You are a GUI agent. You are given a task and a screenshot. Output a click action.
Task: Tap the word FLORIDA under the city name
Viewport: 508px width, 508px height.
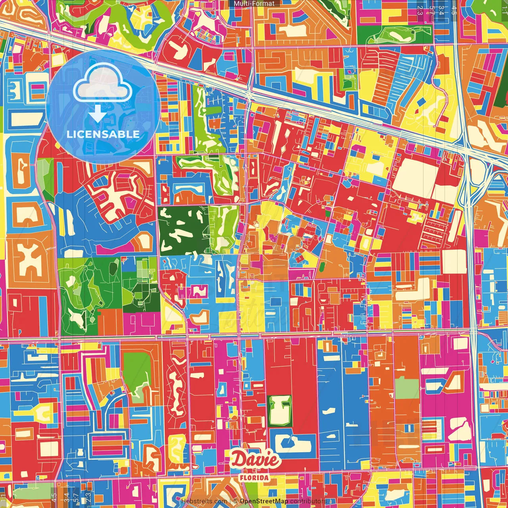254,477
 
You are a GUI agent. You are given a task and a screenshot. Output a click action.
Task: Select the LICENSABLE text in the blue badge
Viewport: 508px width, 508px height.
103,134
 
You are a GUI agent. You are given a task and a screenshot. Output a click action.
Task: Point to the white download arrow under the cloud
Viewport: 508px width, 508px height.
97,114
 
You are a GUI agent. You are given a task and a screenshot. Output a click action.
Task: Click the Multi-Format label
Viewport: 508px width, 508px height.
254,4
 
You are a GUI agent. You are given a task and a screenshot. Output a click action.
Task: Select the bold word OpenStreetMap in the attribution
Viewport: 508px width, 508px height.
264,501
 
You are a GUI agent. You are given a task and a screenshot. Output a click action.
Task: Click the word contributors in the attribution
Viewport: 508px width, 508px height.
308,501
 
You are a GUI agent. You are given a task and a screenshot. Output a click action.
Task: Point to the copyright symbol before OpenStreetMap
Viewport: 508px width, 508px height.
235,501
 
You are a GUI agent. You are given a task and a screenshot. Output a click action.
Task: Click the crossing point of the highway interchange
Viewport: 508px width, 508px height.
467,149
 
